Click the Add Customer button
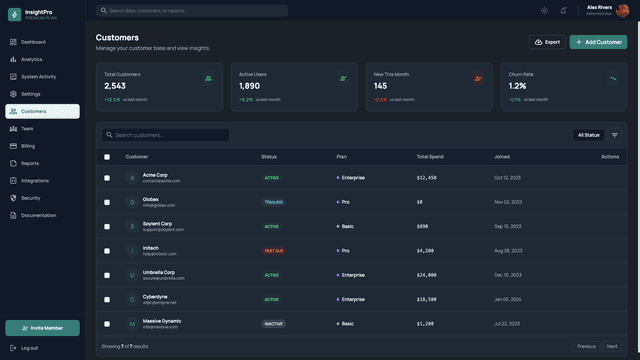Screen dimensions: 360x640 (598, 42)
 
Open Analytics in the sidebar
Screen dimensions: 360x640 (32, 59)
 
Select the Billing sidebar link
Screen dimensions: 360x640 (28, 146)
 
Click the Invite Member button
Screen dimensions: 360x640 (42, 328)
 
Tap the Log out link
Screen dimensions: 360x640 (29, 348)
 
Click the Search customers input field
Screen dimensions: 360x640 (165, 135)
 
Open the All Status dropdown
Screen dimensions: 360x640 (588, 135)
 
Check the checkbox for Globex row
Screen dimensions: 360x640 (107, 202)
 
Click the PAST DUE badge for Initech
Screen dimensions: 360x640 (274, 251)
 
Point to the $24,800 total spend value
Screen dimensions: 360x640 (427, 275)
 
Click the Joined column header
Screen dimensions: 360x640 (502, 157)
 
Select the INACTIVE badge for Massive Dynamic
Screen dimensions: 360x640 (273, 324)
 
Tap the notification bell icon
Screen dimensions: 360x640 (563, 11)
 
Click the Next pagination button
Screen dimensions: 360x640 (612, 346)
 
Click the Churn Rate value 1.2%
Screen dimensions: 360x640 (517, 86)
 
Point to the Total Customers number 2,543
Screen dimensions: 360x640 (115, 86)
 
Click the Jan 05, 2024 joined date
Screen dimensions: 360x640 (508, 299)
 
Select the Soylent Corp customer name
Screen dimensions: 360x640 (157, 223)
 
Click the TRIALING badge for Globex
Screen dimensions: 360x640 (273, 202)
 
